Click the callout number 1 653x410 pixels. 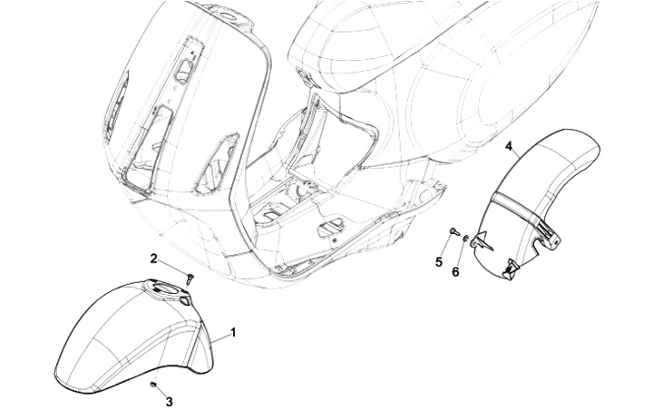coord(233,333)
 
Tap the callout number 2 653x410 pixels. coord(155,259)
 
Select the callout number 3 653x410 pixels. coord(170,400)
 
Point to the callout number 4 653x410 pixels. coord(509,145)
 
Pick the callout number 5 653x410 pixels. coord(439,262)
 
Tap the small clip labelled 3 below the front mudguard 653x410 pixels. coord(153,385)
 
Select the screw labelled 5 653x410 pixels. coord(452,235)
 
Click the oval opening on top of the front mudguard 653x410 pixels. coord(167,288)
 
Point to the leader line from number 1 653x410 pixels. coord(219,339)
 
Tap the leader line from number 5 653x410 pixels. coord(444,249)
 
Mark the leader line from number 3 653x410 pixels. coord(161,392)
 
